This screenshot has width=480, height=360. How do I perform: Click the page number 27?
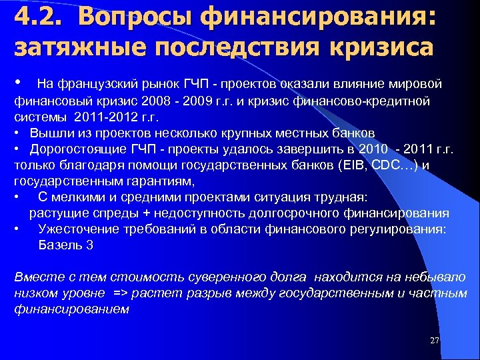435,341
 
